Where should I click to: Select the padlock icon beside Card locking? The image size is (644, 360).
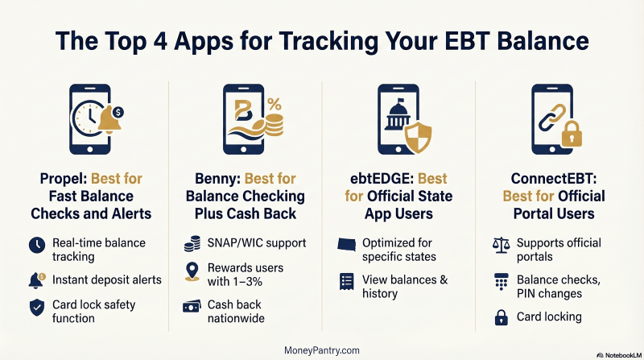coord(502,317)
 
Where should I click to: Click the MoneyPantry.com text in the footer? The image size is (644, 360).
coord(322,350)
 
